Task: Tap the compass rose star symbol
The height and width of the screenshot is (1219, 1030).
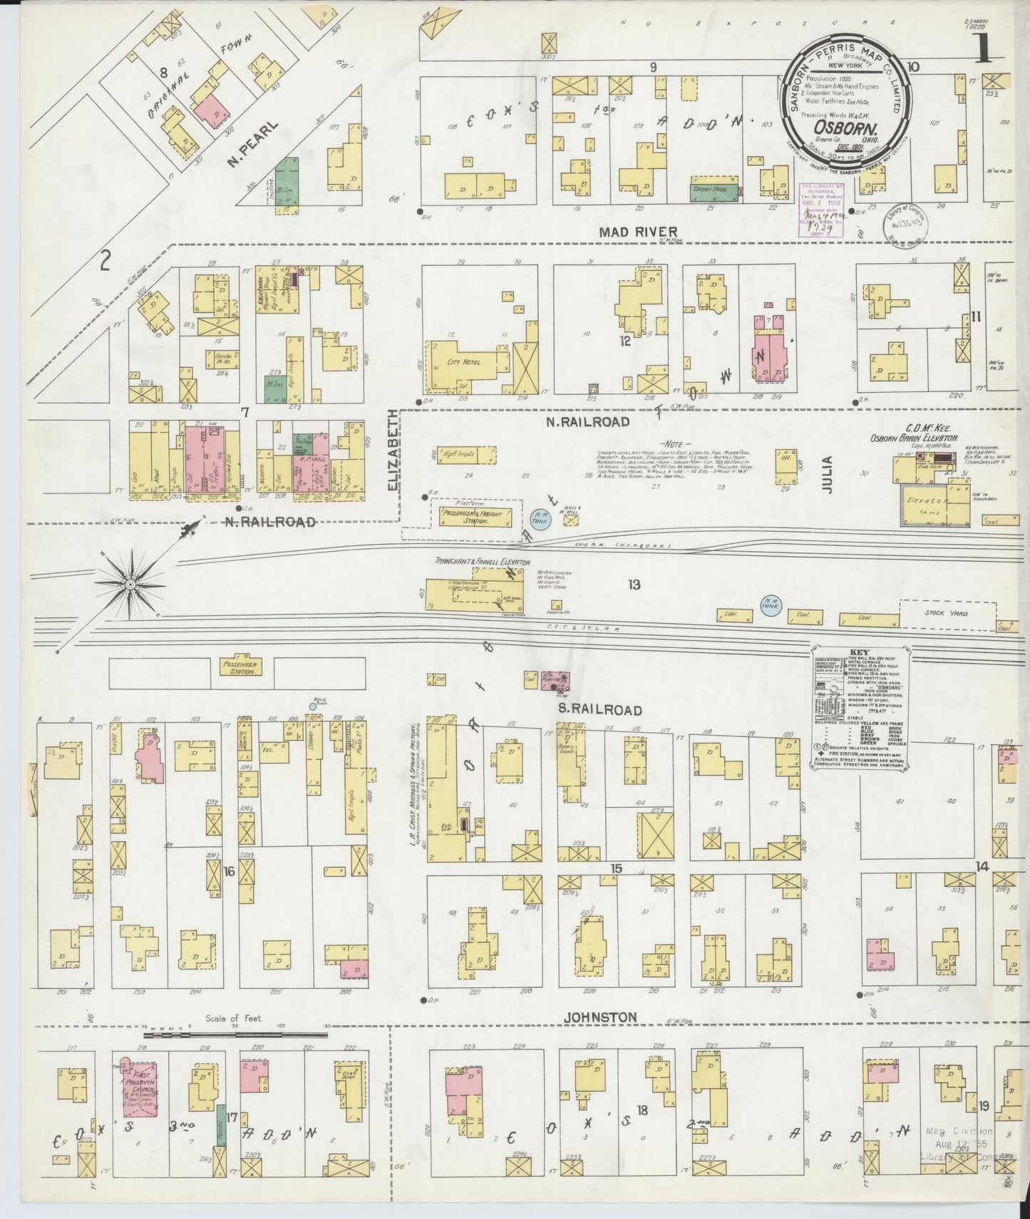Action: coord(131,585)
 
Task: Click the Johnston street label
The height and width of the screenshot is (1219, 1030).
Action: coord(599,1017)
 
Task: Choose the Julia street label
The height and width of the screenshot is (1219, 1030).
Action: coord(827,464)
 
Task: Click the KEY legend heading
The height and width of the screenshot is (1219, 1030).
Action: coord(857,653)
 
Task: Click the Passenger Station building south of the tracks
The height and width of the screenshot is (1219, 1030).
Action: coord(242,667)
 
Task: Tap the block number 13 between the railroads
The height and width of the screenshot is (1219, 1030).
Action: coord(633,585)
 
